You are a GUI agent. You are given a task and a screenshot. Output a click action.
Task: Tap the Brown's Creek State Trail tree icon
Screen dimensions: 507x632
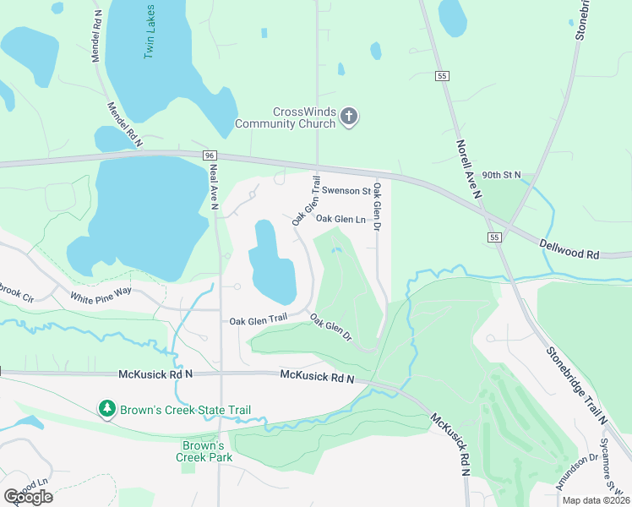pyautogui.click(x=106, y=410)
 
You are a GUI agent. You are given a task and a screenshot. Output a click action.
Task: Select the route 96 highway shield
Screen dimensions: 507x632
pyautogui.click(x=210, y=156)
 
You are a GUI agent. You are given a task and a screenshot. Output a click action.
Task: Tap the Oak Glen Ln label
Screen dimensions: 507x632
pyautogui.click(x=340, y=219)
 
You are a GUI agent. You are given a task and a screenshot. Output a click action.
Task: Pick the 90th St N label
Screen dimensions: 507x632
pyautogui.click(x=503, y=175)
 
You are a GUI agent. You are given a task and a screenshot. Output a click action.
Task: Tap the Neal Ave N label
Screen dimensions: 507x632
pyautogui.click(x=214, y=185)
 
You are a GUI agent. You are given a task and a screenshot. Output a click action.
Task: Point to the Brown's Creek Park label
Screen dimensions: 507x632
pyautogui.click(x=204, y=451)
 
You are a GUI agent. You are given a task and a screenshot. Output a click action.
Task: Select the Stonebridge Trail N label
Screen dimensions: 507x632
pyautogui.click(x=576, y=384)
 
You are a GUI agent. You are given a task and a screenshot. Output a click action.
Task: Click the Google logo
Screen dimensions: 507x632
pyautogui.click(x=29, y=496)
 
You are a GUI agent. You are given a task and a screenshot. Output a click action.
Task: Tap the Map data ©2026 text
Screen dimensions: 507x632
pyautogui.click(x=595, y=500)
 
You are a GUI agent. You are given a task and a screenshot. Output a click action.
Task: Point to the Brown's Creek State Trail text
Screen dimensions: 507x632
pyautogui.click(x=186, y=410)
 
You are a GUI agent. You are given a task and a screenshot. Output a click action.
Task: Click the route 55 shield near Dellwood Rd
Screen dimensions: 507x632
pyautogui.click(x=493, y=237)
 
